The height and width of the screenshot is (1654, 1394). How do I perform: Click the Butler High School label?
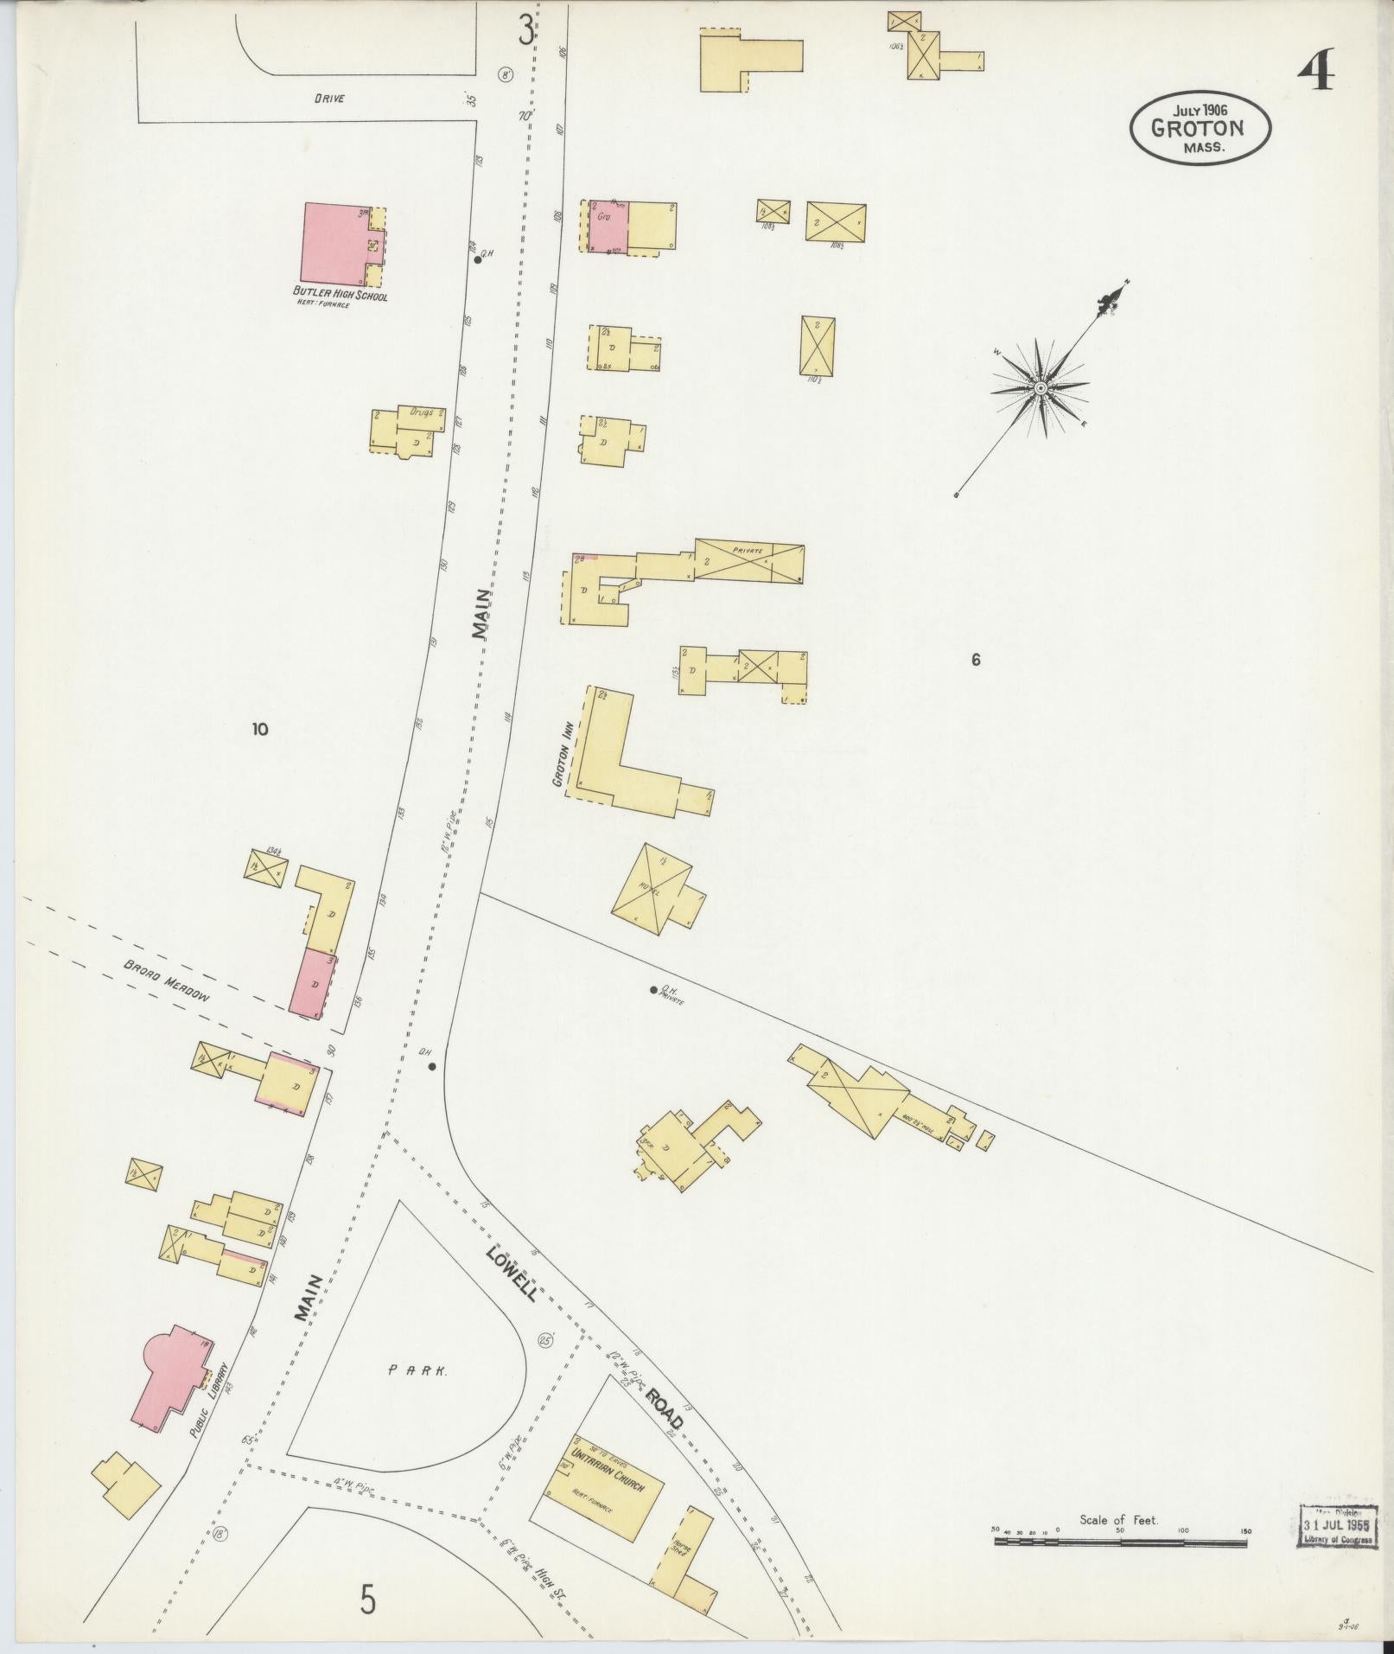pos(340,297)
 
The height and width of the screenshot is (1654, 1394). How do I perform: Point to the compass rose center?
pos(1041,389)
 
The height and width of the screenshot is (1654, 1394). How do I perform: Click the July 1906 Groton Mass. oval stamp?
pos(1200,127)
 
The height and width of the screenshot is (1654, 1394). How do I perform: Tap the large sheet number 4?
pos(1315,71)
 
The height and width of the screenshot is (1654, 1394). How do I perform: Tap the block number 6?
pos(976,661)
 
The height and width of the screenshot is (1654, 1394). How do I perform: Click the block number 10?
pos(259,729)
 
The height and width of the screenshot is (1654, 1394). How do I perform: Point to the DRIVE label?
pos(329,99)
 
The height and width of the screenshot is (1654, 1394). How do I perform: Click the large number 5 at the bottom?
pos(369,1601)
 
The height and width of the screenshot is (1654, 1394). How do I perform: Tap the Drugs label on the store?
pos(422,413)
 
